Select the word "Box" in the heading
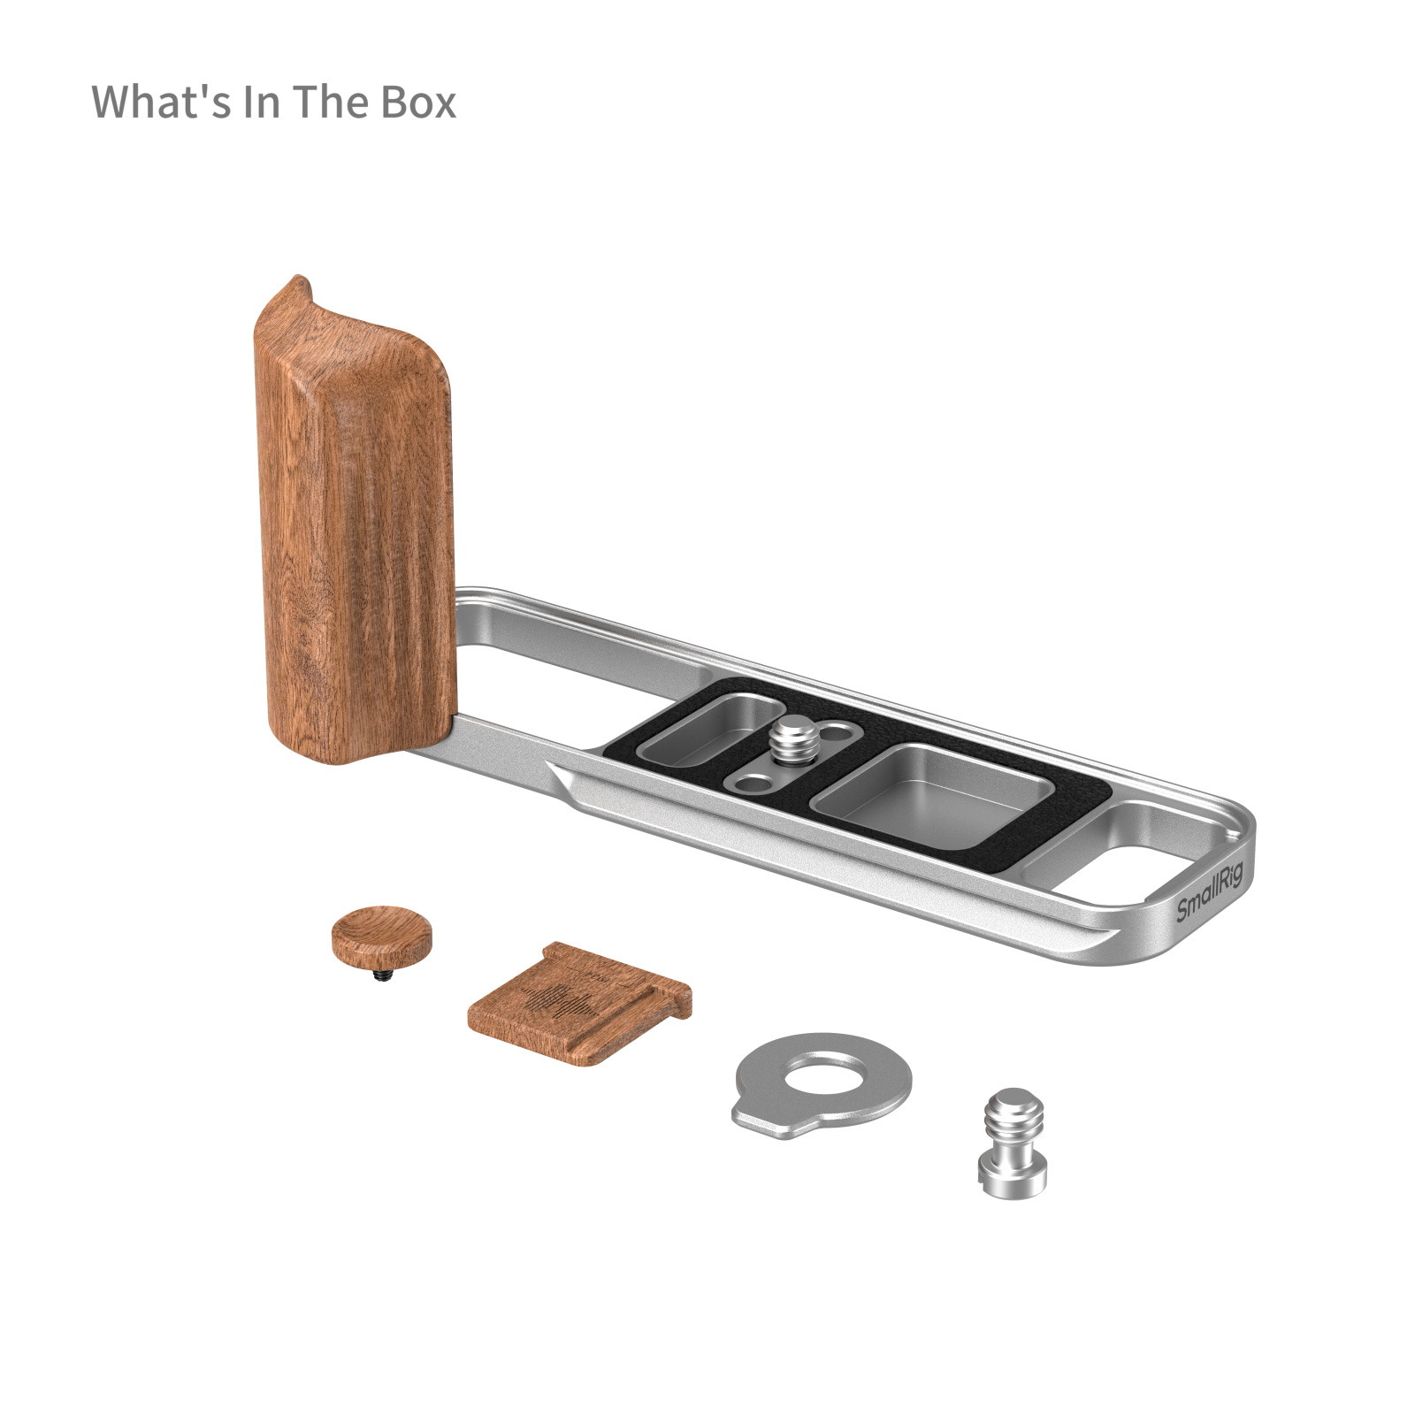[418, 102]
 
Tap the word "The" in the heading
[333, 102]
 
